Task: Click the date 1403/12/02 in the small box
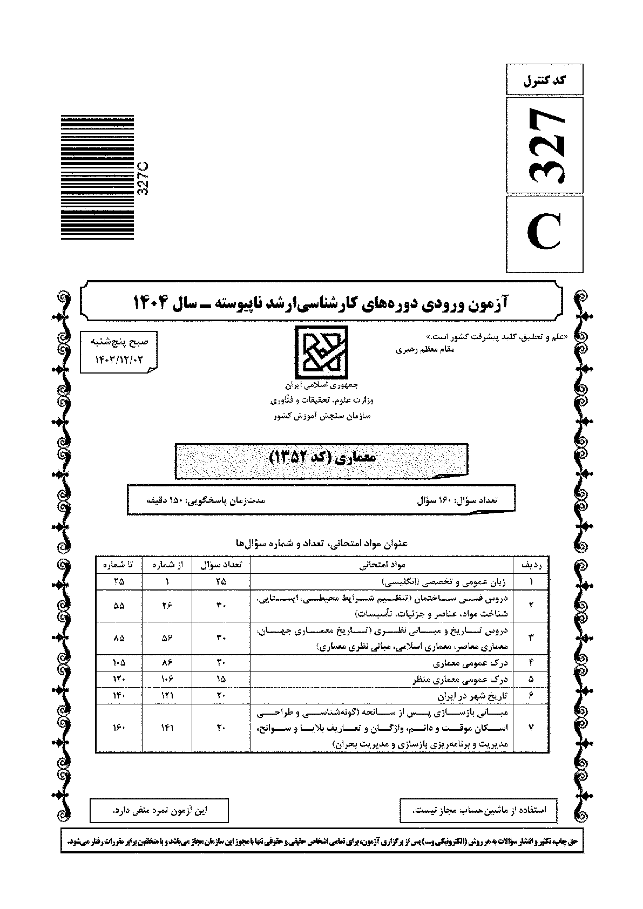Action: pos(118,358)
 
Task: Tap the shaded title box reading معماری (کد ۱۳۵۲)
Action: pos(322,460)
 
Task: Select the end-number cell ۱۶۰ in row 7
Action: pos(118,728)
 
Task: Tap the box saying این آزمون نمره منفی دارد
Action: pos(159,810)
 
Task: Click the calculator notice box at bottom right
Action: pos(478,810)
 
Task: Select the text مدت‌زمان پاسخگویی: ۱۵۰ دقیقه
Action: pos(206,500)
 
